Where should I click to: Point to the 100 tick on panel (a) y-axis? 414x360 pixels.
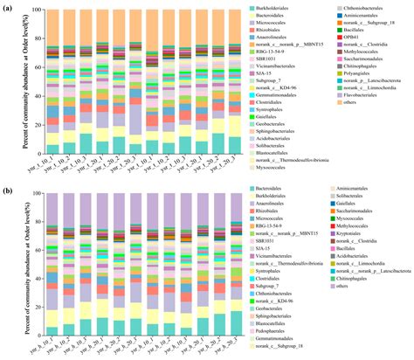[x=36, y=10]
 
